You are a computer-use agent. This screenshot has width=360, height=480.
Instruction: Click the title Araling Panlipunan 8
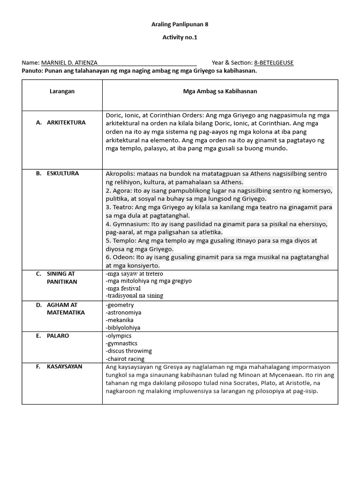click(180, 24)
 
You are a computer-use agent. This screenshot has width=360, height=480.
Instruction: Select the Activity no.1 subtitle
click(180, 37)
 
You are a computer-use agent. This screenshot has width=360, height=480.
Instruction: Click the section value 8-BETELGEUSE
click(273, 63)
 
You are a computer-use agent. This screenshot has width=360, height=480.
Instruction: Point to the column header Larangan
click(62, 91)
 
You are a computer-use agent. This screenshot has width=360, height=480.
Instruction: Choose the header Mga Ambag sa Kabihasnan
click(220, 91)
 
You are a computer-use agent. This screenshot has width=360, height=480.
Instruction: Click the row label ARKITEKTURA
click(66, 122)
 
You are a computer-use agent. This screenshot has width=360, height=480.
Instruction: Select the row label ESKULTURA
click(63, 173)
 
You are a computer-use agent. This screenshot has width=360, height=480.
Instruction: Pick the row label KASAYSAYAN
click(64, 366)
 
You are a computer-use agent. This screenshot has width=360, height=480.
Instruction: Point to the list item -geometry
click(120, 305)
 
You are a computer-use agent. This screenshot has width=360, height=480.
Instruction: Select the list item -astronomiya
click(124, 313)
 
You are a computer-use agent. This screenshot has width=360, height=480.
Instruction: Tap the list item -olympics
click(119, 336)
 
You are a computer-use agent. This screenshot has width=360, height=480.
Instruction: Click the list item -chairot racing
click(127, 359)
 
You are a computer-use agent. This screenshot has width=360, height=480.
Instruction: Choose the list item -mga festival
click(123, 288)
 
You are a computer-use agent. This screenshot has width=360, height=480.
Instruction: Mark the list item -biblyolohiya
click(123, 328)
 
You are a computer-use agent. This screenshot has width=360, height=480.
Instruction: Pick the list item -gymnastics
click(121, 344)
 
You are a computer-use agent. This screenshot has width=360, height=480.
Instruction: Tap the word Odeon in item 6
click(123, 257)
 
